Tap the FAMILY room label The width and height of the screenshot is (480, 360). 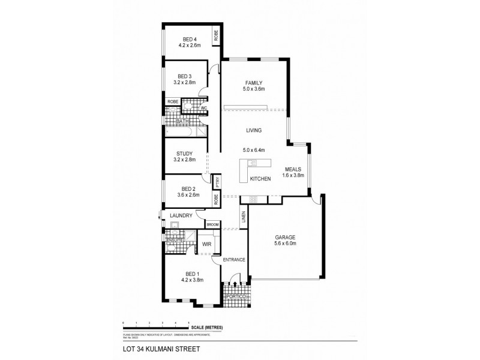[x=254, y=83]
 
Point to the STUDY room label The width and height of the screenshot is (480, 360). [x=184, y=154]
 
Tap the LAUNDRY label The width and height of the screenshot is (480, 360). [x=181, y=215]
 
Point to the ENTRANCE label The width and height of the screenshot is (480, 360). [x=233, y=260]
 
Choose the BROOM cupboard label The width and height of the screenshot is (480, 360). [x=212, y=224]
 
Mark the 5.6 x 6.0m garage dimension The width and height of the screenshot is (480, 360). [x=285, y=244]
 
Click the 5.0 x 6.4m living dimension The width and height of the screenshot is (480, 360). [x=254, y=150]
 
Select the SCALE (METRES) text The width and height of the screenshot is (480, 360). [x=207, y=327]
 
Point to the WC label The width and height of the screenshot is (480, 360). [x=203, y=108]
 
